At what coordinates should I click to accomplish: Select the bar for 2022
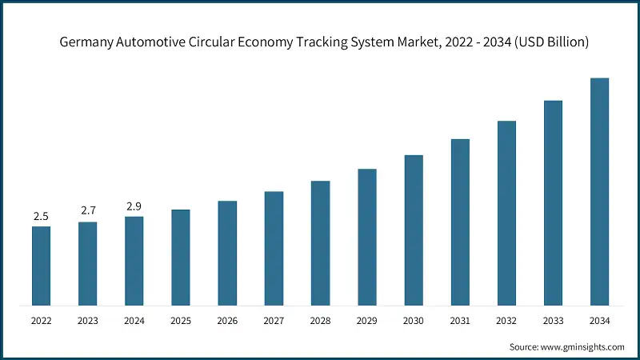(41, 266)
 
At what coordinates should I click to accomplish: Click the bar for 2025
(181, 257)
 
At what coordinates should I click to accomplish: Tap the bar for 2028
(320, 242)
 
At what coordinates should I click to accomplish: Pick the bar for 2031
(460, 222)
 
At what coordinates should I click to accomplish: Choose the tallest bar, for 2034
(599, 191)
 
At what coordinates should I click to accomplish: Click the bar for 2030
(414, 230)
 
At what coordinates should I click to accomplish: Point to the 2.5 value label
(41, 216)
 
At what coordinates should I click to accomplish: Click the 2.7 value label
(87, 211)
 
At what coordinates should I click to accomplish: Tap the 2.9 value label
(134, 206)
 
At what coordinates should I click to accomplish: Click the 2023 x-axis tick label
(87, 322)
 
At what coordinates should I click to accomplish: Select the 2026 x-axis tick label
(227, 322)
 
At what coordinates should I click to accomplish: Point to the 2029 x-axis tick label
(366, 322)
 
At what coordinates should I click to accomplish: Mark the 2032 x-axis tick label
(506, 322)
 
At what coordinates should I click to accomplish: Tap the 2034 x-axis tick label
(599, 322)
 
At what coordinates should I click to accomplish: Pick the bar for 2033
(553, 202)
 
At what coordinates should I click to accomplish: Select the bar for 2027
(274, 248)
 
